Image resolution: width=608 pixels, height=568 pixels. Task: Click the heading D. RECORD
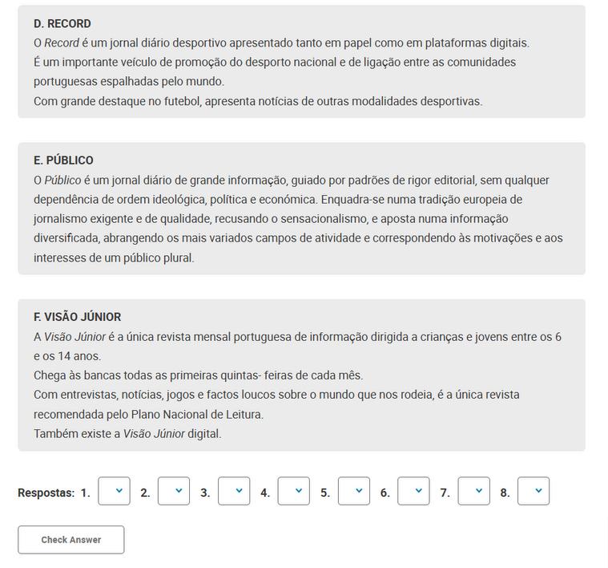point(62,23)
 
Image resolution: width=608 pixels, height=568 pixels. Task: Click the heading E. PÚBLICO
point(63,160)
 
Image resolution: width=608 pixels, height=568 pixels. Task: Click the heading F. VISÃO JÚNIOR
point(77,317)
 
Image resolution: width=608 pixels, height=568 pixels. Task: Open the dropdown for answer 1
point(114,491)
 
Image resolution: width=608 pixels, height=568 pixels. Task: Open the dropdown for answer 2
point(174,491)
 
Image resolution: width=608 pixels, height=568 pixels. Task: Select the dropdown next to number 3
point(234,491)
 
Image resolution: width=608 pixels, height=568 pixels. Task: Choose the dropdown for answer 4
point(294,491)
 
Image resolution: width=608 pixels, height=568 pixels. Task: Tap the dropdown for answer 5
point(354,491)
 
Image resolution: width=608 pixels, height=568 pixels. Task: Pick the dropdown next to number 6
point(413,491)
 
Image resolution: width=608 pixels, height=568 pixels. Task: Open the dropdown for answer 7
point(473,491)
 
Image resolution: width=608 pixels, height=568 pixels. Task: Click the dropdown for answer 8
point(534,491)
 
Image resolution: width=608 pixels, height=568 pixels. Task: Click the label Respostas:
point(46,493)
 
